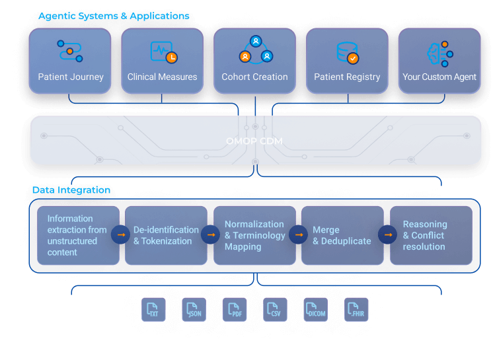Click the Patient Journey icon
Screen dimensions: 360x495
pos(70,52)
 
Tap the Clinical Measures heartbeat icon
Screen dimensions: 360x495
pos(162,52)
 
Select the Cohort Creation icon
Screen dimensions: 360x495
pos(255,50)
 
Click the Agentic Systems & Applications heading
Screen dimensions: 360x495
pos(114,16)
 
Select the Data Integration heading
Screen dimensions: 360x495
pos(71,190)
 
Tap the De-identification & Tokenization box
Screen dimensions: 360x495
pos(166,235)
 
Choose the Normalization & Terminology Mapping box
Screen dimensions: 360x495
pos(254,235)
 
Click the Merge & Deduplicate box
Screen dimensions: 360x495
pos(342,235)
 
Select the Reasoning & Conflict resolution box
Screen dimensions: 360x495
pos(431,235)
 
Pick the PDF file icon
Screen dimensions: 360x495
pos(234,309)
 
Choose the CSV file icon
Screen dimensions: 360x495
pos(275,309)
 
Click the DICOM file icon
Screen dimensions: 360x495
pos(315,309)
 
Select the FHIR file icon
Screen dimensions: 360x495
pos(356,309)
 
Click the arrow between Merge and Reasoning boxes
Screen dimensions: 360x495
pos(387,234)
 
